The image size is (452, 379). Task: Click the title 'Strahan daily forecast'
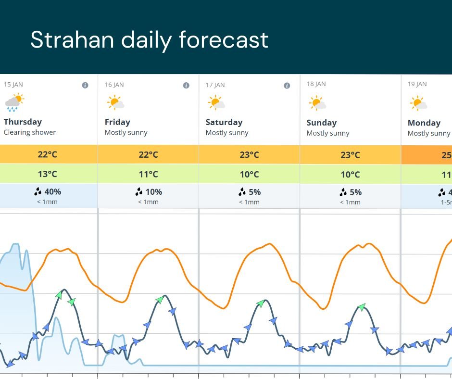pyautogui.click(x=149, y=40)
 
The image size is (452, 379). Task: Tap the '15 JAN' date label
pyautogui.click(x=13, y=85)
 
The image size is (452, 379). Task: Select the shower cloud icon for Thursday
pyautogui.click(x=14, y=102)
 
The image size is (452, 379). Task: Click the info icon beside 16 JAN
pyautogui.click(x=186, y=86)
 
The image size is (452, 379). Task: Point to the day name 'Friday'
pyautogui.click(x=117, y=122)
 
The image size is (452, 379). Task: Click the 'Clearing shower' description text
pyautogui.click(x=30, y=132)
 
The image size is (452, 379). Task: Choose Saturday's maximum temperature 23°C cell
pyautogui.click(x=249, y=154)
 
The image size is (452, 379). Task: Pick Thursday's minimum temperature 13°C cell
pyautogui.click(x=48, y=174)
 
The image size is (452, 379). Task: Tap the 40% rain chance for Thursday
pyautogui.click(x=48, y=192)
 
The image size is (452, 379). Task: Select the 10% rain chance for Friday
pyautogui.click(x=149, y=192)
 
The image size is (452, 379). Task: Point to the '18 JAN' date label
pyautogui.click(x=316, y=84)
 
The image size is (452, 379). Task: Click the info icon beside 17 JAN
pyautogui.click(x=287, y=86)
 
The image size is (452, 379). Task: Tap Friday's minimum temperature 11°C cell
pyautogui.click(x=149, y=174)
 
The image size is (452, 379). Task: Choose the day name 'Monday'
pyautogui.click(x=424, y=123)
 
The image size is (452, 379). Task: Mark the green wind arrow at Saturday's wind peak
pyautogui.click(x=261, y=303)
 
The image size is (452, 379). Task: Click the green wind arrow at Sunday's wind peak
pyautogui.click(x=362, y=307)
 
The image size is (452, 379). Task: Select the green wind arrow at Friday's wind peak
pyautogui.click(x=160, y=300)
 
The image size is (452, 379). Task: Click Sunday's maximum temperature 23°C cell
pyautogui.click(x=350, y=155)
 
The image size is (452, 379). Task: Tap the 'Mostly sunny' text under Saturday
pyautogui.click(x=227, y=133)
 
